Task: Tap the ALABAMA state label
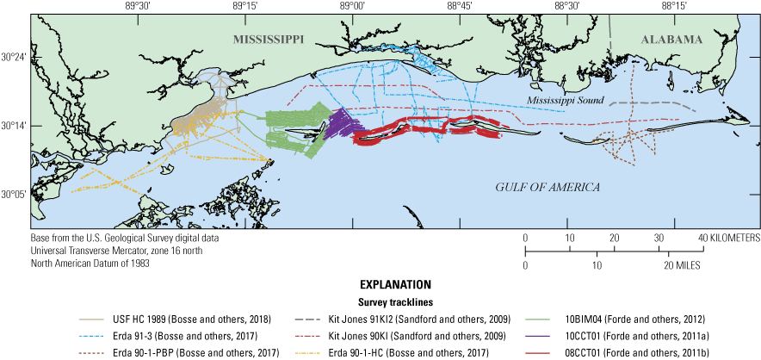[671, 40]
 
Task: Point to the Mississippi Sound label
[564, 101]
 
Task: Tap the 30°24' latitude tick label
[14, 58]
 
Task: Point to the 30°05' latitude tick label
[14, 195]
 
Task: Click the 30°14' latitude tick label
[14, 126]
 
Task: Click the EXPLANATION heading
[380, 283]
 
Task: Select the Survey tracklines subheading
[380, 301]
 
